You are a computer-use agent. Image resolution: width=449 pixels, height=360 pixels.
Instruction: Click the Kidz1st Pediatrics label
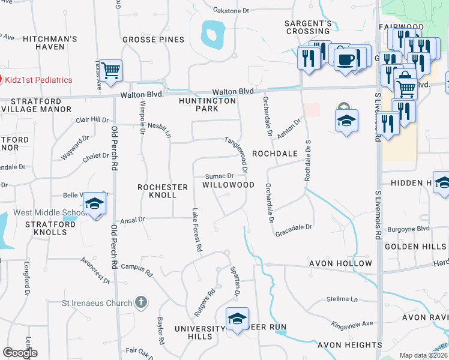pyautogui.click(x=39, y=80)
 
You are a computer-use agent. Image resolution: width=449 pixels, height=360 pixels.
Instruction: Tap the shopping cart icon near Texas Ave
pyautogui.click(x=111, y=71)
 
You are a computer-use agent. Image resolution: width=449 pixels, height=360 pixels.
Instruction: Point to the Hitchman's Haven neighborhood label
pyautogui.click(x=50, y=43)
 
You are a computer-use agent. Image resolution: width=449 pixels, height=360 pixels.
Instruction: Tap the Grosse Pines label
pyautogui.click(x=153, y=40)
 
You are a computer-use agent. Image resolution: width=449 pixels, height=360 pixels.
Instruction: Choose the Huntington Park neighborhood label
pyautogui.click(x=208, y=105)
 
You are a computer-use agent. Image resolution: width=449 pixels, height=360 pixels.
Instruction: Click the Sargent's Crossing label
pyautogui.click(x=308, y=27)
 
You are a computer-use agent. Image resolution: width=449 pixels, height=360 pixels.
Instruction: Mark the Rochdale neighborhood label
pyautogui.click(x=274, y=154)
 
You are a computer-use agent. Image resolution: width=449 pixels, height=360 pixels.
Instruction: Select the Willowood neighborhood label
pyautogui.click(x=228, y=185)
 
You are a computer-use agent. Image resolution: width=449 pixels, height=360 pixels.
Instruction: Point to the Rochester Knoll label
pyautogui.click(x=157, y=191)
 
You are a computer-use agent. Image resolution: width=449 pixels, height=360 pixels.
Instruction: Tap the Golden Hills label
pyautogui.click(x=416, y=247)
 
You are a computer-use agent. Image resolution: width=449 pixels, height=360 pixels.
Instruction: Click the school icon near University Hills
pyautogui.click(x=237, y=319)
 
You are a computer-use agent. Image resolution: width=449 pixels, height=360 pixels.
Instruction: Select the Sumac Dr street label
pyautogui.click(x=219, y=176)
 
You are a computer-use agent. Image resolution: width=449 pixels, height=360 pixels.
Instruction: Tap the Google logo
pyautogui.click(x=20, y=353)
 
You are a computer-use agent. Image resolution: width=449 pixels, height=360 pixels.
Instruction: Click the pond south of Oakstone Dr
pyautogui.click(x=211, y=34)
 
